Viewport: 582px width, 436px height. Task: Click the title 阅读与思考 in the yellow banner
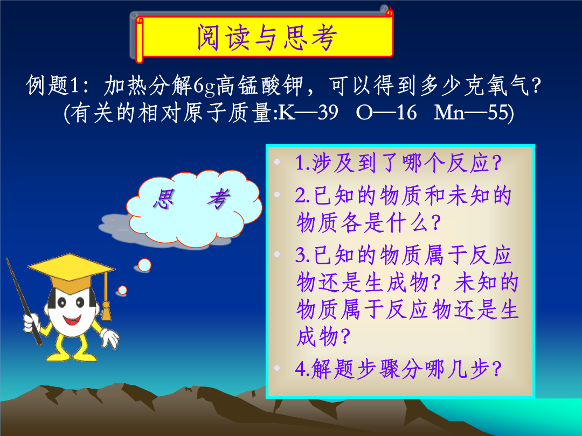(x=267, y=37)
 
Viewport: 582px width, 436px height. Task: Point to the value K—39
(x=308, y=112)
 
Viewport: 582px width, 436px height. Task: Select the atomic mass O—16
(x=386, y=112)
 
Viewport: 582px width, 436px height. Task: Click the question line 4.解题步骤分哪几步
(x=398, y=369)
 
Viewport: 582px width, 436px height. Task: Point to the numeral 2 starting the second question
(x=300, y=195)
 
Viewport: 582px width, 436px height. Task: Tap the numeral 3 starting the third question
(x=300, y=255)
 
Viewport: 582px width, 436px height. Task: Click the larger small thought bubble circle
(x=144, y=265)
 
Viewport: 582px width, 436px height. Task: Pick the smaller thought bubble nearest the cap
(x=122, y=290)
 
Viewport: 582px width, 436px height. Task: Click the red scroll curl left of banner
(x=139, y=39)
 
